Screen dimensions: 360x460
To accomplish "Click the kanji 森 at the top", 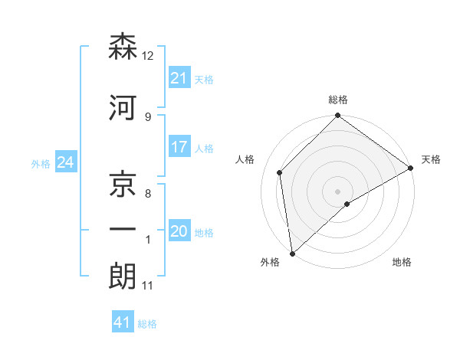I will pyautogui.click(x=123, y=47).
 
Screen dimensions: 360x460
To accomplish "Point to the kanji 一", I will pyautogui.click(x=123, y=228).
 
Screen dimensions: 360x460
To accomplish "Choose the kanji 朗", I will pyautogui.click(x=123, y=276).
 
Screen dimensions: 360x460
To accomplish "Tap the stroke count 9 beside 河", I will pyautogui.click(x=148, y=116).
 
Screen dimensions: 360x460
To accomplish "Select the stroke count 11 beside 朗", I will pyautogui.click(x=148, y=286).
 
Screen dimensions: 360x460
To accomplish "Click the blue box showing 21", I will pyautogui.click(x=179, y=78).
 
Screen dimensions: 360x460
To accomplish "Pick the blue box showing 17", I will pyautogui.click(x=179, y=147).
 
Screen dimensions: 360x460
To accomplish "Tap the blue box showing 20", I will pyautogui.click(x=179, y=231).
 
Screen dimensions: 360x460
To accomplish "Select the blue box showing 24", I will pyautogui.click(x=65, y=162).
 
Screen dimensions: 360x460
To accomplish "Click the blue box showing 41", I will pyautogui.click(x=123, y=322).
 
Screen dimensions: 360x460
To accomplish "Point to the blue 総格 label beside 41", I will pyautogui.click(x=147, y=324).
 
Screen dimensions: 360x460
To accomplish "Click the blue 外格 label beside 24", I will pyautogui.click(x=41, y=163).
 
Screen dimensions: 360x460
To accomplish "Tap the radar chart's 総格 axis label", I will pyautogui.click(x=338, y=100).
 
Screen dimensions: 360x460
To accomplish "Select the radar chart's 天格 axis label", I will pyautogui.click(x=431, y=159).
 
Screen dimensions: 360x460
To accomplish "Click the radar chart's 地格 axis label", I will pyautogui.click(x=402, y=263).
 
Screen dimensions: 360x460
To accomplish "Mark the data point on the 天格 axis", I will pyautogui.click(x=411, y=168).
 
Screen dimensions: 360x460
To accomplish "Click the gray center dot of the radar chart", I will pyautogui.click(x=338, y=191).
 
